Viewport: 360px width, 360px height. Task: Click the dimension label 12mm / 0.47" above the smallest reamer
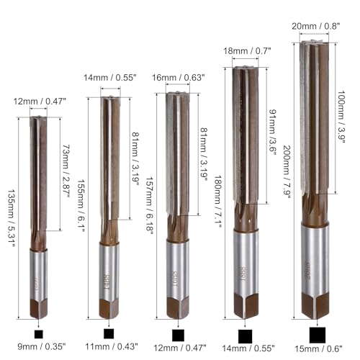point(40,102)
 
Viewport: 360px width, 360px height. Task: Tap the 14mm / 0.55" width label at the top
point(110,78)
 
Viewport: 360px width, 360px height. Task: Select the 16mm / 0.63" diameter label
point(179,78)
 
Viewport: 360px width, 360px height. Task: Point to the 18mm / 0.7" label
point(247,51)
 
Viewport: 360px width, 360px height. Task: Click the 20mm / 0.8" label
point(316,26)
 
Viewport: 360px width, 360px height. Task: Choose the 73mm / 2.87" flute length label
point(66,171)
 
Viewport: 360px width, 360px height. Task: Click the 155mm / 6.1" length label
point(81,206)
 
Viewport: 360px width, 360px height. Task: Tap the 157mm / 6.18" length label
point(150,207)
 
